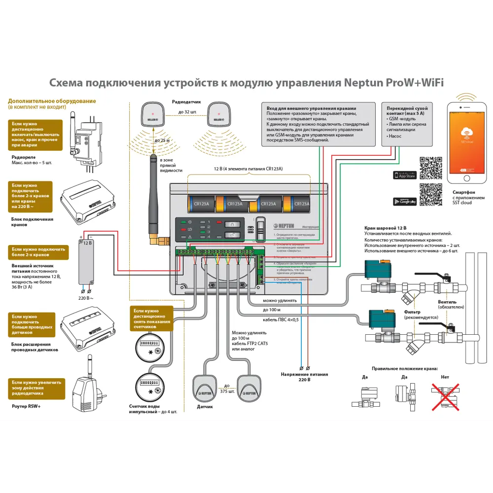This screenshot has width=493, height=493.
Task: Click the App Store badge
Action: point(405,175)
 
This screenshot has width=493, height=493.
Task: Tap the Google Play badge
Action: point(405,201)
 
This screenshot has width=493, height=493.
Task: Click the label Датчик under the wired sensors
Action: point(205,407)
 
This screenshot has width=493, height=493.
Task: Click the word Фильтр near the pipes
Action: point(412,312)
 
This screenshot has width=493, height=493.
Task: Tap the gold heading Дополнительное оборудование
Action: point(52,101)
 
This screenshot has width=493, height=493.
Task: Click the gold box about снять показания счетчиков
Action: point(152,318)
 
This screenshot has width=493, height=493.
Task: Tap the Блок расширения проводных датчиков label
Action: point(35,347)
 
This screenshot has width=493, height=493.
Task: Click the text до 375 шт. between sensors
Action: point(226,388)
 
